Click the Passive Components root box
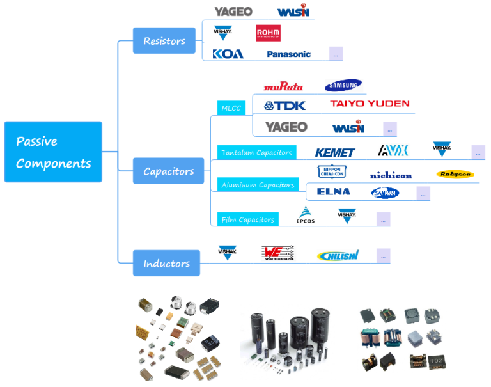pyautogui.click(x=53, y=152)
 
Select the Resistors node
pyautogui.click(x=164, y=41)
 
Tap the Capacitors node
pyautogui.click(x=168, y=171)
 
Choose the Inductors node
pyautogui.click(x=166, y=264)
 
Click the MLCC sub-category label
pyautogui.click(x=231, y=108)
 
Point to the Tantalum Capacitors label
pyautogui.click(x=256, y=153)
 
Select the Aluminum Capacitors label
pyautogui.click(x=258, y=185)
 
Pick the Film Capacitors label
pyautogui.click(x=247, y=220)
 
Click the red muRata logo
pyautogui.click(x=283, y=86)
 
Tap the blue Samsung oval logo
pyautogui.click(x=343, y=86)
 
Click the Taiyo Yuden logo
pyautogui.click(x=370, y=104)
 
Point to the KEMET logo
pyautogui.click(x=335, y=153)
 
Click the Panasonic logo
pyautogui.click(x=289, y=54)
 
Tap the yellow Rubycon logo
pyautogui.click(x=455, y=174)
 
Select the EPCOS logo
pyautogui.click(x=305, y=216)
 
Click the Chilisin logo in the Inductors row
pyautogui.click(x=338, y=256)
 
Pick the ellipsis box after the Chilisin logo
pyautogui.click(x=383, y=256)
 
